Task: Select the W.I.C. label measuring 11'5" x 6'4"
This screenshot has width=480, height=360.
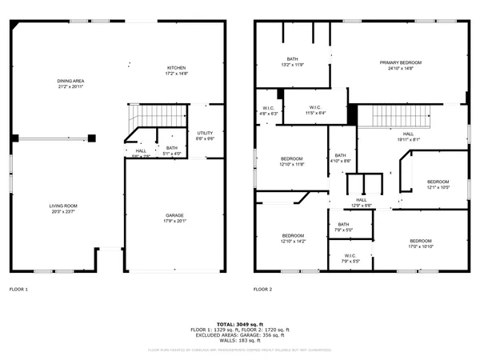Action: (x=315, y=110)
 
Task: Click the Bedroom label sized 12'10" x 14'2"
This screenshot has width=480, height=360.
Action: (x=293, y=238)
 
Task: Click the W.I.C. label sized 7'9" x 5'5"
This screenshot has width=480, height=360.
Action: (x=350, y=258)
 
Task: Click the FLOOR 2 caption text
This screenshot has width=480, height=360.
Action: (x=262, y=289)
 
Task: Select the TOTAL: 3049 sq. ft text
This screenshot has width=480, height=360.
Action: (x=240, y=323)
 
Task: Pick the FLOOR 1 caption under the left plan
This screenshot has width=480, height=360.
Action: (x=18, y=289)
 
